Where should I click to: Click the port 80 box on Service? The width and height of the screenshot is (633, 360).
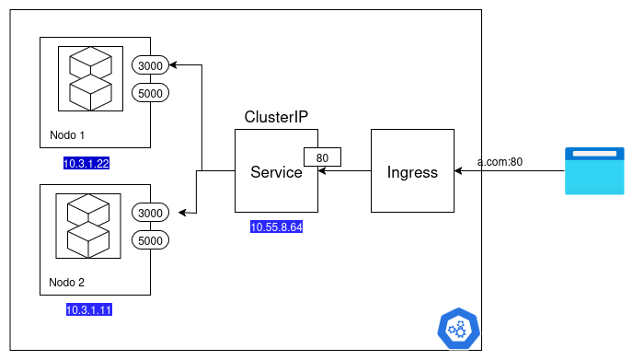(x=322, y=157)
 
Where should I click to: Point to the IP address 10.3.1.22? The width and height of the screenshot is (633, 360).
(x=86, y=164)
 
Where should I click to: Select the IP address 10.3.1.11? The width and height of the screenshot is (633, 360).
(x=88, y=310)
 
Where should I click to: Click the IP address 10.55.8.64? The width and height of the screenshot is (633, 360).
(x=276, y=227)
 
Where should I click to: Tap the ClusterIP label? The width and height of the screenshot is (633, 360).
(x=276, y=117)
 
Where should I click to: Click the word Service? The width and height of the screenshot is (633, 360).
(x=276, y=172)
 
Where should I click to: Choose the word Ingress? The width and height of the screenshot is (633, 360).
(x=412, y=172)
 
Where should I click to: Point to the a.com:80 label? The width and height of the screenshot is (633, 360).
(x=500, y=162)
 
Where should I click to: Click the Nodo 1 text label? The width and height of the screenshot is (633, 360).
(x=67, y=135)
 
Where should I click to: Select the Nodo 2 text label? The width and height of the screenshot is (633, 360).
(x=67, y=282)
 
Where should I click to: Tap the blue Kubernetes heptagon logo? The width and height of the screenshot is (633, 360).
(x=457, y=328)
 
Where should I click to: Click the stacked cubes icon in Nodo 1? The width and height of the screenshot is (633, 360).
(x=90, y=77)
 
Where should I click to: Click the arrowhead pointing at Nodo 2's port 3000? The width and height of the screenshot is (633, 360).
(x=182, y=213)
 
